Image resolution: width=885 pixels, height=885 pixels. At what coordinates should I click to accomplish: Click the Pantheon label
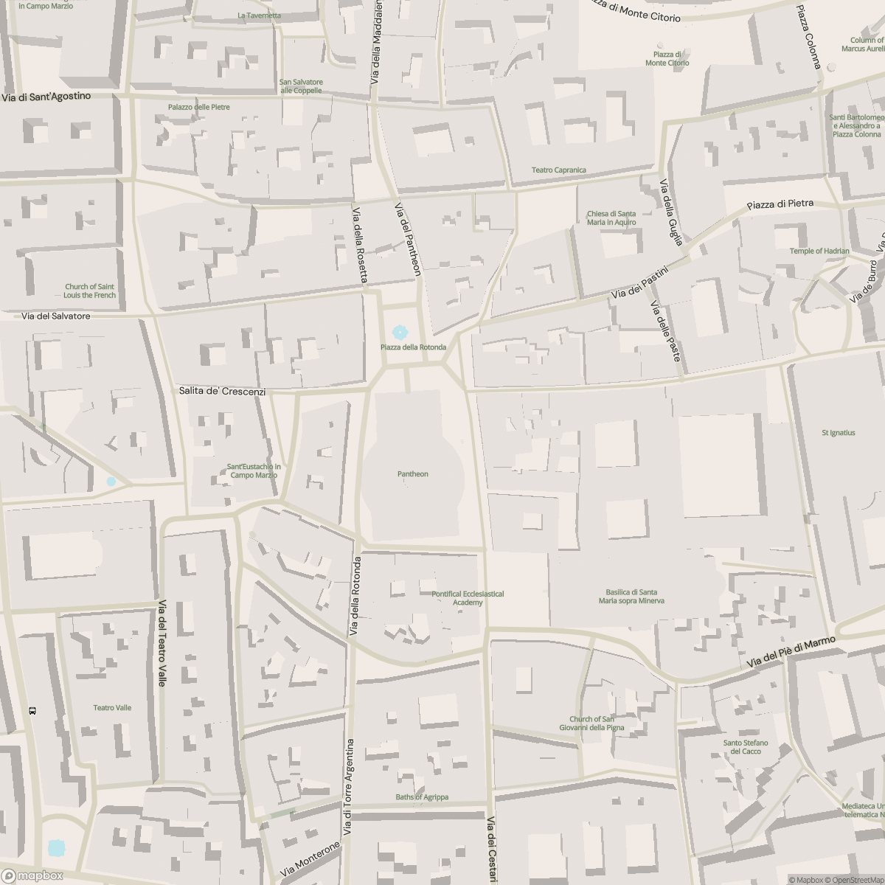click(x=412, y=474)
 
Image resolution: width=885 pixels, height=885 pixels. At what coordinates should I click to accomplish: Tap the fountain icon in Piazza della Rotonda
click(x=400, y=333)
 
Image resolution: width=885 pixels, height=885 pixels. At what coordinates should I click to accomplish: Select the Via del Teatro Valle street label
click(x=162, y=643)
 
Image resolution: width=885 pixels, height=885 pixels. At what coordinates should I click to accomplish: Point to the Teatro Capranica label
click(x=558, y=170)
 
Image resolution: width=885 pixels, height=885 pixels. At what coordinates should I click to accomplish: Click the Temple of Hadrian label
click(x=819, y=251)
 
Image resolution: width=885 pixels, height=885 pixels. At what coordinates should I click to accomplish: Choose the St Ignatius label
click(x=838, y=433)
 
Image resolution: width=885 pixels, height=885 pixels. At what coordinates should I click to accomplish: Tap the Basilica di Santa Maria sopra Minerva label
click(x=631, y=596)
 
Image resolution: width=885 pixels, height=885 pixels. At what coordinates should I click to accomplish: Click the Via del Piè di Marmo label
click(x=791, y=653)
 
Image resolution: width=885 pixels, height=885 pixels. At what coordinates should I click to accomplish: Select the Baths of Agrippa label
click(x=422, y=797)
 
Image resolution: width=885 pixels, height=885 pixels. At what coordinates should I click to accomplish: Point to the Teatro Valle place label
click(x=112, y=708)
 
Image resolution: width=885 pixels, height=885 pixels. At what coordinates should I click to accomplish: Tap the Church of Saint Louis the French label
click(x=90, y=291)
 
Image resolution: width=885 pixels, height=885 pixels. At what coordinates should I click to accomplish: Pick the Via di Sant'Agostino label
click(x=46, y=97)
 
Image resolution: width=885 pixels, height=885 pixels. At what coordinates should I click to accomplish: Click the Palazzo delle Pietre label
click(x=198, y=107)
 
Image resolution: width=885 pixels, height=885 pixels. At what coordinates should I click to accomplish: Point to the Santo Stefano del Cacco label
click(x=746, y=747)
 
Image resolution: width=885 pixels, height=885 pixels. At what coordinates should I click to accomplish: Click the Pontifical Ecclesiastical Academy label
click(x=468, y=598)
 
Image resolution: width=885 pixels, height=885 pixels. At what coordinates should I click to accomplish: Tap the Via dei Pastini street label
click(x=639, y=284)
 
